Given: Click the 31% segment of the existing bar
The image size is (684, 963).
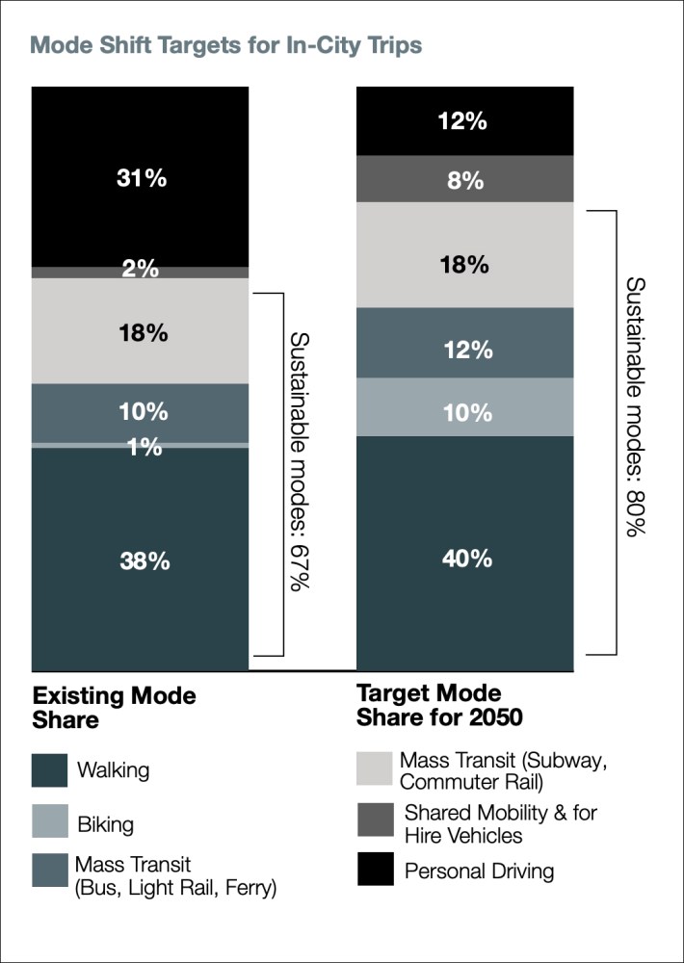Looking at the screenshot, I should (141, 177).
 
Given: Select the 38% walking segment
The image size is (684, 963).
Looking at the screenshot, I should (141, 560).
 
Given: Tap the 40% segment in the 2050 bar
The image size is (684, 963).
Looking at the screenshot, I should (465, 557).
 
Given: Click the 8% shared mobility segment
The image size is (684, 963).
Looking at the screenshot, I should (465, 179).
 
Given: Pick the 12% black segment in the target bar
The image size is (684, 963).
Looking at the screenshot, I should (465, 121).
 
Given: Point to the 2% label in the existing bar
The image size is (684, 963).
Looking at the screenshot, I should (141, 271).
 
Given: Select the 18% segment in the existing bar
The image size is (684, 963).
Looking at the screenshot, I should (141, 332).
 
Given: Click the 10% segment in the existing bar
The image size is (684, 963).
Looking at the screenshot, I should (141, 412).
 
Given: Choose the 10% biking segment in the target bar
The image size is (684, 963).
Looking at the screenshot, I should (465, 412).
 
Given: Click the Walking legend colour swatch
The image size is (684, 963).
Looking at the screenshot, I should (49, 770).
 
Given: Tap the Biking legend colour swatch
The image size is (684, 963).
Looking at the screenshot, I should (49, 824).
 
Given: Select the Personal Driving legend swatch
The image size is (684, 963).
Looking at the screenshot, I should (375, 871).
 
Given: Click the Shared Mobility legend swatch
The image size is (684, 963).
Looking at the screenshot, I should (375, 822).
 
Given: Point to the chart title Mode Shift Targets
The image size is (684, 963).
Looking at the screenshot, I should (225, 45).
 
